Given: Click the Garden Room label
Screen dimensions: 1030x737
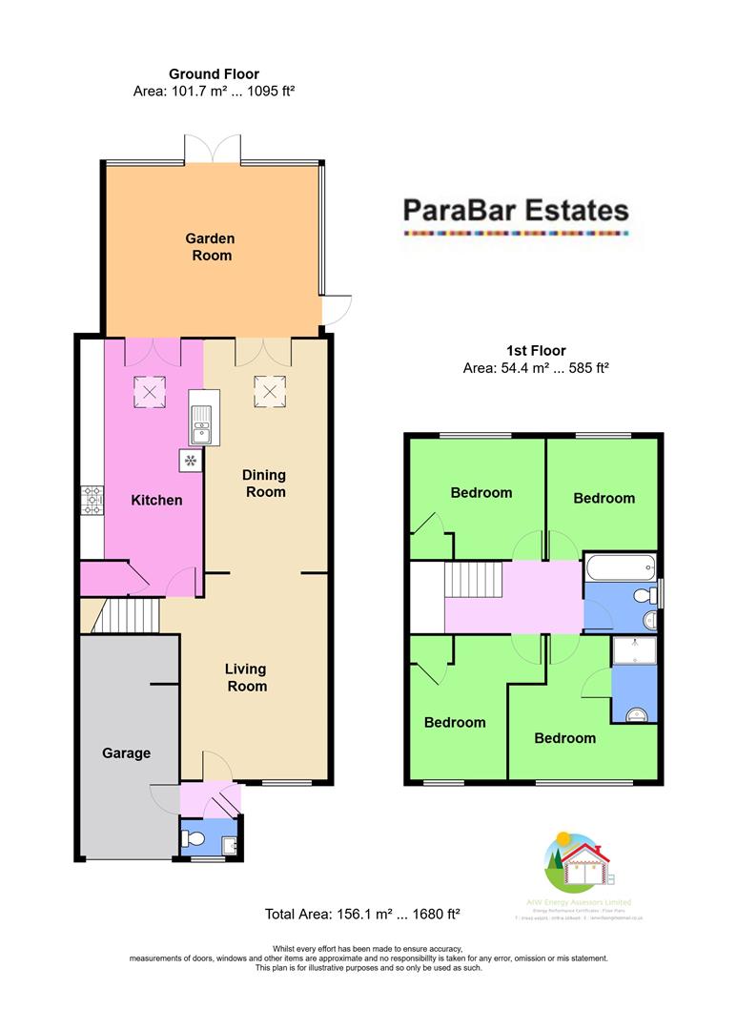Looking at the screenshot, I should tap(209, 246).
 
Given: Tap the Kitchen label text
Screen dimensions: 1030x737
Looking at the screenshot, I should tap(156, 500).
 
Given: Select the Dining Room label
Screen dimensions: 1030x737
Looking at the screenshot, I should tap(264, 484).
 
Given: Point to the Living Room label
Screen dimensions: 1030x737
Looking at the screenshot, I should tap(246, 677).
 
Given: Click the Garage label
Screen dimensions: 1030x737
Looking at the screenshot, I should tap(127, 753).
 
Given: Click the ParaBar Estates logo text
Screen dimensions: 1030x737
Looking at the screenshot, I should tap(516, 209).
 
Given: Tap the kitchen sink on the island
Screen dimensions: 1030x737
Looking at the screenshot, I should tap(203, 425).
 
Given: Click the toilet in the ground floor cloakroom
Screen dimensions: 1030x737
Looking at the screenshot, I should tap(194, 839).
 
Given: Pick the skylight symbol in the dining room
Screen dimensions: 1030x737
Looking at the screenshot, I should tap(268, 389).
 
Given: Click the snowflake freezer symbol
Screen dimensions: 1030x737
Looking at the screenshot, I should tap(190, 462).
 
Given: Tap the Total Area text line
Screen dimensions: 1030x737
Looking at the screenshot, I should tap(362, 915).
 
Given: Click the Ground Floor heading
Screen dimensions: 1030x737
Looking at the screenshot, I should tap(214, 73).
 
